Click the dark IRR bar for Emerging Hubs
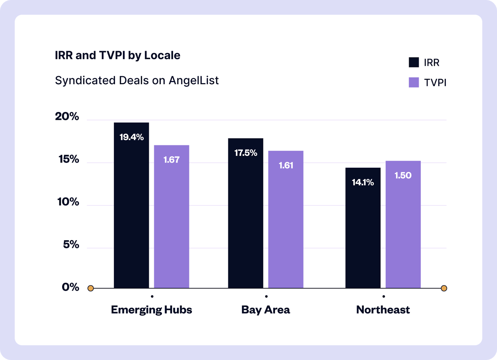131,211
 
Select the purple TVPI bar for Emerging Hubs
171,224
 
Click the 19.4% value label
131,137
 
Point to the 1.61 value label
286,165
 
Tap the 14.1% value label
363,182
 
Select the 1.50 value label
403,175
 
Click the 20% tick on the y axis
67,116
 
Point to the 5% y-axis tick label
71,245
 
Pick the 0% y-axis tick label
70,287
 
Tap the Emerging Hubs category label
151,310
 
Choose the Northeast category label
383,310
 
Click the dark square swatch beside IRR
414,62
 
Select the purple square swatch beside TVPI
414,82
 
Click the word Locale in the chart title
162,55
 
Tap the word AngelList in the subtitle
194,80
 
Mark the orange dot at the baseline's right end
444,288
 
